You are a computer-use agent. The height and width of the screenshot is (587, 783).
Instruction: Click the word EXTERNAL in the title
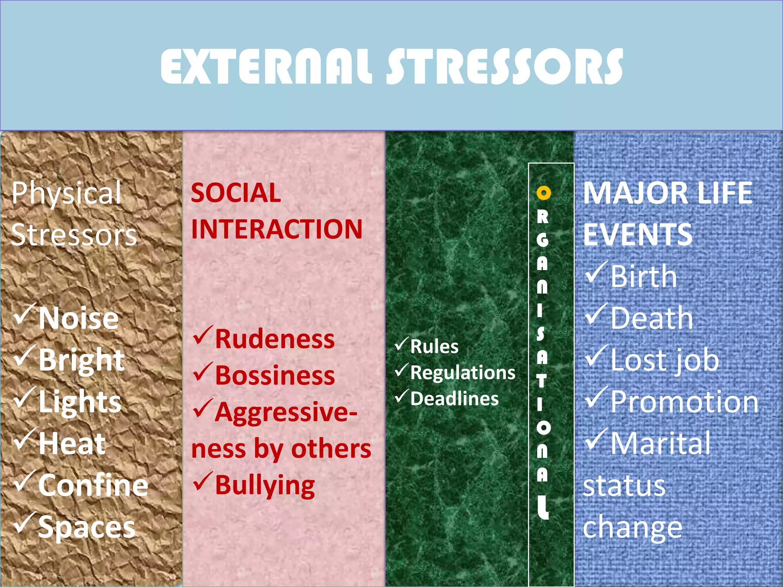click(x=266, y=66)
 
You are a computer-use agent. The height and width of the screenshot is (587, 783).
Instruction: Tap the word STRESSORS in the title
click(x=505, y=66)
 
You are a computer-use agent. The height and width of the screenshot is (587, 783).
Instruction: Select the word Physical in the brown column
click(x=67, y=193)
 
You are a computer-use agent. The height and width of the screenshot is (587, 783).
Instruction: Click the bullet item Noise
click(x=78, y=318)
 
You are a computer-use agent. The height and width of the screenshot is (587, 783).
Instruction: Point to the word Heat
click(x=72, y=444)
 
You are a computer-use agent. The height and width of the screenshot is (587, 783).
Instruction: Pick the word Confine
click(x=93, y=485)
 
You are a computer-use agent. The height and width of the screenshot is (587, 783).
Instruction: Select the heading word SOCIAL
click(x=236, y=193)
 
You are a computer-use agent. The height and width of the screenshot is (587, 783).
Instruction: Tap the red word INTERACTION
click(x=276, y=229)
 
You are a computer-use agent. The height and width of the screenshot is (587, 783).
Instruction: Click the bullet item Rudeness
click(x=275, y=339)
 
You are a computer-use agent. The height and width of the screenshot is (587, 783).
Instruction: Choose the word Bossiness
click(x=275, y=375)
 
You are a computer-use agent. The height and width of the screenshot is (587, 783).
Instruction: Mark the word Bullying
click(x=265, y=485)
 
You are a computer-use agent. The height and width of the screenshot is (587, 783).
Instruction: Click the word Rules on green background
click(x=434, y=347)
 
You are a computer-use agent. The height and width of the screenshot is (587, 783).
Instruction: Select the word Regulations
click(x=463, y=373)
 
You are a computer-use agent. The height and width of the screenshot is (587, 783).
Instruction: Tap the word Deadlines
click(x=454, y=399)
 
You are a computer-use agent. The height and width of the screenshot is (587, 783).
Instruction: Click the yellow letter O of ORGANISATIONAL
click(x=543, y=193)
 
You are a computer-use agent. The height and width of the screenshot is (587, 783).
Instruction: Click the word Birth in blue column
click(x=643, y=276)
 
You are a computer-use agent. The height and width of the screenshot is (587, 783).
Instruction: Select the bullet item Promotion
click(x=684, y=402)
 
